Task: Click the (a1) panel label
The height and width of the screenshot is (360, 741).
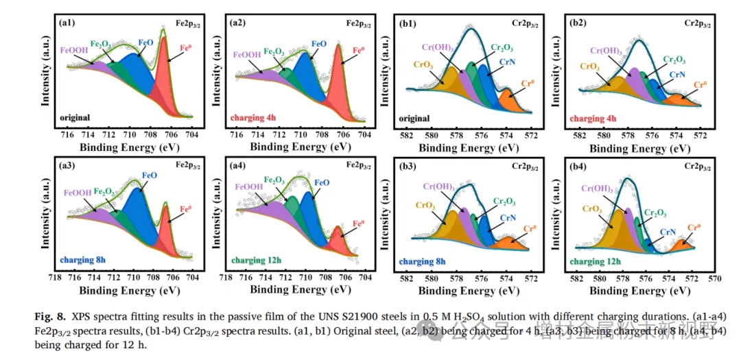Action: pos(67,23)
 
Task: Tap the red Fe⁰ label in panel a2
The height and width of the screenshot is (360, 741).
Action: pos(358,50)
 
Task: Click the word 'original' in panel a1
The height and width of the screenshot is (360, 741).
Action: pos(75,117)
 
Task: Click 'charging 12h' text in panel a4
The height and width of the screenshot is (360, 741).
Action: pos(257,261)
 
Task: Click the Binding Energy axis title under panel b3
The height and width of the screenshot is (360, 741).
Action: pos(467,290)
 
